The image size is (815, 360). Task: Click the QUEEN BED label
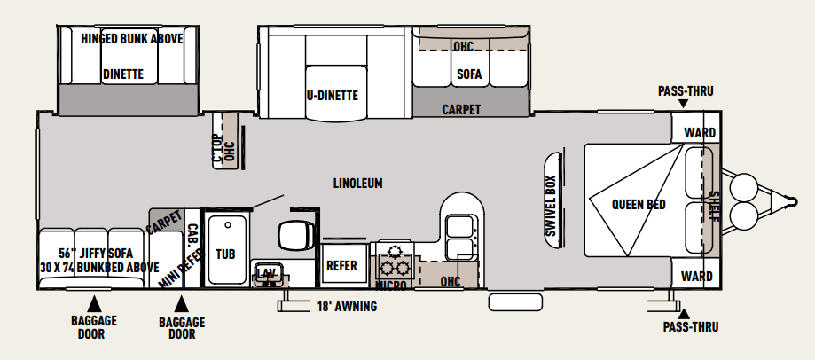tap(639, 205)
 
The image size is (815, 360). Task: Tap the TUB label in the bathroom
tap(225, 254)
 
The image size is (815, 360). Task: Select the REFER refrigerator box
tap(341, 265)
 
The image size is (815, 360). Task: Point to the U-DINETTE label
tap(332, 96)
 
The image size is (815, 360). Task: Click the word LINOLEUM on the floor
tap(358, 184)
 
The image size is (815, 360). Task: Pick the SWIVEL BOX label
tap(551, 206)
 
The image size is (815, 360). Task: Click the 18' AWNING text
tap(347, 307)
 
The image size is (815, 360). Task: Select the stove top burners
tap(394, 261)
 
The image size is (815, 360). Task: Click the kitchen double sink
tap(459, 236)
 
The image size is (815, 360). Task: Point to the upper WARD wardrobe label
tap(700, 133)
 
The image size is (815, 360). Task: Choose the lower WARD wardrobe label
tap(697, 276)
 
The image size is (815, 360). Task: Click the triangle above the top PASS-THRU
tap(684, 104)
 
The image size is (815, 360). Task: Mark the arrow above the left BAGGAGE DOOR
tap(94, 304)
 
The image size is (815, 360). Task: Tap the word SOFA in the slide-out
tap(469, 74)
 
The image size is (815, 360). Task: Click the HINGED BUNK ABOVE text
tap(132, 39)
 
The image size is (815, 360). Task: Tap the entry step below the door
tap(515, 302)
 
